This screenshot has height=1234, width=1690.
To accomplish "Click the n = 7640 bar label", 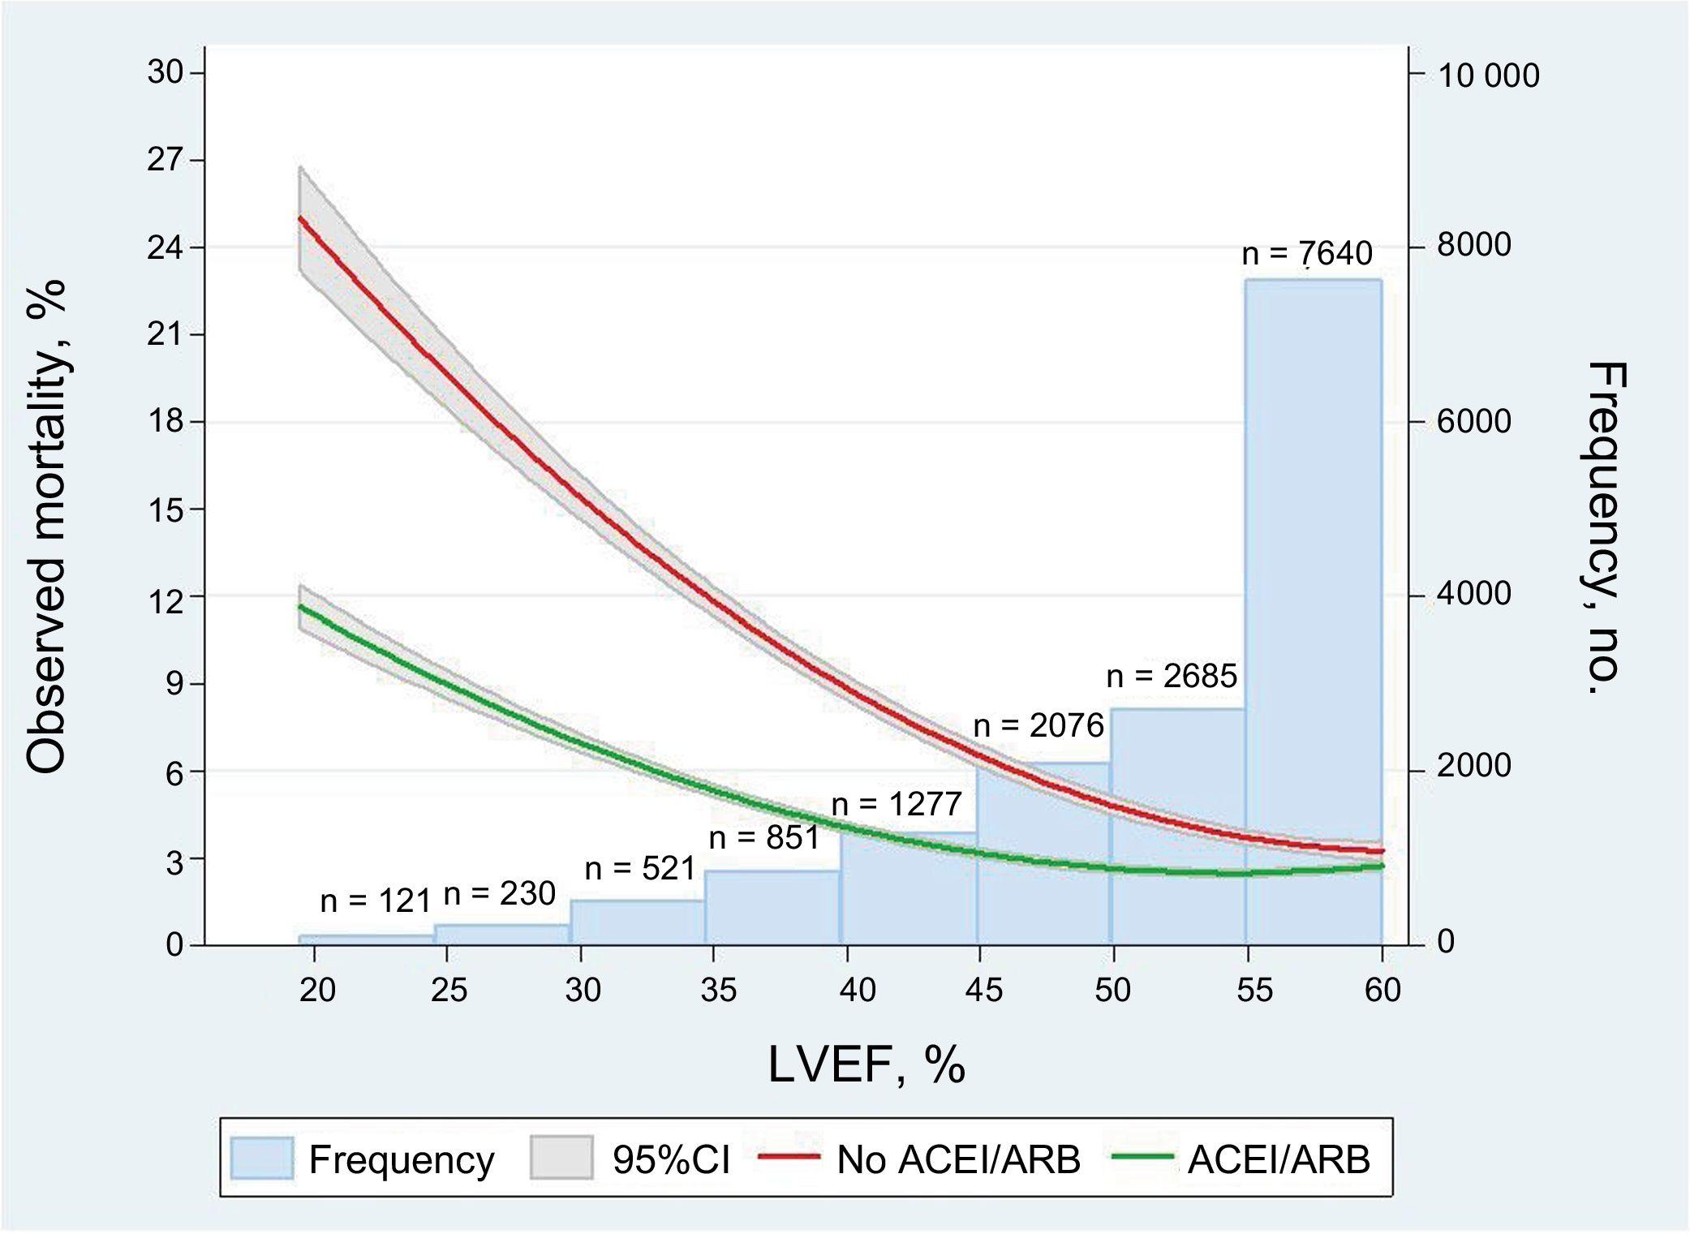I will click(1307, 254).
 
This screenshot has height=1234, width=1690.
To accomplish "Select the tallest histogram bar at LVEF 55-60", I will click(1314, 568).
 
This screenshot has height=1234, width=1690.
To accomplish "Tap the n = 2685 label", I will click(1172, 676).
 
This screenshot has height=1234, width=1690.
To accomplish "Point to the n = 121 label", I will click(375, 901).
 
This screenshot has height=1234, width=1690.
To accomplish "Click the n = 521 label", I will click(640, 869).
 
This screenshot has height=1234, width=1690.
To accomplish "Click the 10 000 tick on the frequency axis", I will click(1488, 75).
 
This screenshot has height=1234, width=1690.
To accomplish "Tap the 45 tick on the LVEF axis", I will click(983, 990).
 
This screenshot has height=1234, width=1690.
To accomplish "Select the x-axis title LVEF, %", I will click(866, 1064).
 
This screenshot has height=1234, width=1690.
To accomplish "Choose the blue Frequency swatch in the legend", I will click(261, 1158).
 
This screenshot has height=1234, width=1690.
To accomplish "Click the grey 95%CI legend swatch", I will click(561, 1158).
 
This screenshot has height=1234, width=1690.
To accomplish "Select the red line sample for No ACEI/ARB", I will click(789, 1158).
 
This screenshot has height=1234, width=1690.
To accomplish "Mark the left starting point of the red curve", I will click(300, 217).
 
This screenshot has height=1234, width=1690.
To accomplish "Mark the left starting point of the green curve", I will click(300, 606).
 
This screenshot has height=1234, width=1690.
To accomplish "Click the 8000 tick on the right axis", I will click(1473, 245).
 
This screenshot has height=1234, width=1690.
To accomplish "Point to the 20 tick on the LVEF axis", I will click(317, 990).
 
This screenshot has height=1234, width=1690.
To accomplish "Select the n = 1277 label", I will click(897, 804).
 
